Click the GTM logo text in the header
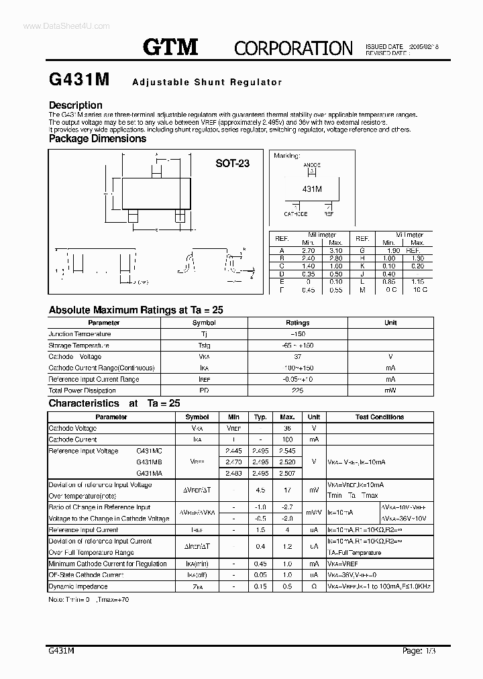[170, 46]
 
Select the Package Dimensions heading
[97, 139]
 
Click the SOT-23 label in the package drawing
[232, 163]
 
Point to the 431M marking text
[312, 190]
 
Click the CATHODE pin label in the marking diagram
[295, 214]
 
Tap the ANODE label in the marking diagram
[312, 164]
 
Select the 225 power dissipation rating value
[297, 390]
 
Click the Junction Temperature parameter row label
[79, 334]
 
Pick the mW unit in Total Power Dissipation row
[390, 390]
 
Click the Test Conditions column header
[379, 417]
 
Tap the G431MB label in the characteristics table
[149, 462]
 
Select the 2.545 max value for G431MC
[286, 451]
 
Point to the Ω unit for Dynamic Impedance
[313, 586]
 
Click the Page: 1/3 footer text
[417, 649]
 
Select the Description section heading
[76, 105]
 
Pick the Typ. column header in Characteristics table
[260, 417]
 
